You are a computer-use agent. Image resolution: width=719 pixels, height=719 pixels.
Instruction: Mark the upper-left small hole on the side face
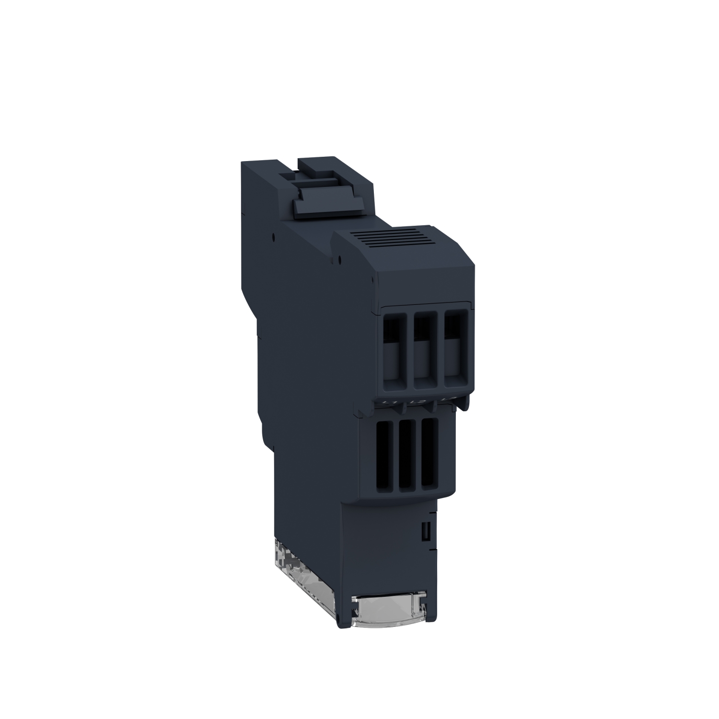pyautogui.click(x=273, y=236)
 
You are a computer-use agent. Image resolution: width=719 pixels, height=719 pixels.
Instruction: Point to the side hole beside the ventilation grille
pyautogui.click(x=339, y=261)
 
